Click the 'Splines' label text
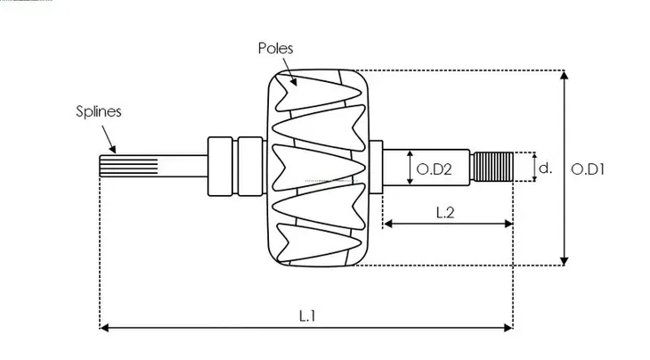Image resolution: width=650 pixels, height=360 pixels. tap(98, 112)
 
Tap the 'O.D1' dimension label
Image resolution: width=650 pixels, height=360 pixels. tap(588, 168)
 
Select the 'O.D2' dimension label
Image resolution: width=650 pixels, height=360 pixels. tap(435, 168)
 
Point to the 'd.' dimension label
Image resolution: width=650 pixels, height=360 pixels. tap(547, 168)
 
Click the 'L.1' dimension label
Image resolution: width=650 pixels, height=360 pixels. tap(307, 315)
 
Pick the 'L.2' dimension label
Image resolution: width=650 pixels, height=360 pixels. tap(446, 211)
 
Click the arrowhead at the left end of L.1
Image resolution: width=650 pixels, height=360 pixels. tap(103, 328)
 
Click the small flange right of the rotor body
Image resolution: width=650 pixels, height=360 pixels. tap(376, 168)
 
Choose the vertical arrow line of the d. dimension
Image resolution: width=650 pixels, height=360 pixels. tap(533, 168)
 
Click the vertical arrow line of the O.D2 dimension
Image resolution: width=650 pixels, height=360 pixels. tap(410, 168)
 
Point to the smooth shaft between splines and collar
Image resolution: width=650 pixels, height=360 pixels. tap(183, 168)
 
